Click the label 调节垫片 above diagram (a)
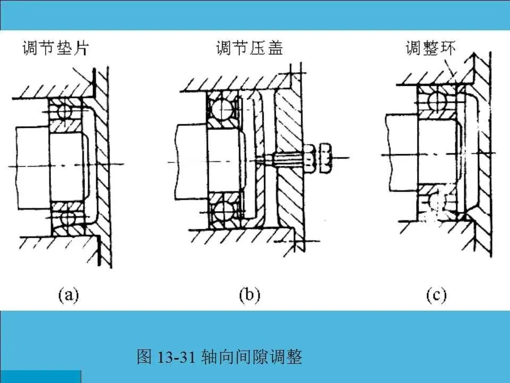click(55, 49)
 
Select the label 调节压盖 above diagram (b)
click(250, 49)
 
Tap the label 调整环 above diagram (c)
click(431, 49)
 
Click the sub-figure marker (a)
click(69, 294)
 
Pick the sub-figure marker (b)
click(249, 294)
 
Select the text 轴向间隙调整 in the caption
click(252, 357)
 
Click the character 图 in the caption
click(144, 357)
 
